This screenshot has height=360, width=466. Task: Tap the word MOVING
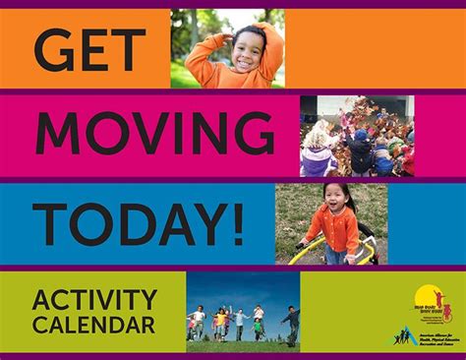[155, 134]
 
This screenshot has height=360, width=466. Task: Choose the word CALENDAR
[93, 324]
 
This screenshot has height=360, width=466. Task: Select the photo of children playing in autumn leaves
[357, 136]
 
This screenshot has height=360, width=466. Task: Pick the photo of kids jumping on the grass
[243, 313]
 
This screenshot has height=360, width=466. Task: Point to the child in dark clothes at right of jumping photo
[290, 322]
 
